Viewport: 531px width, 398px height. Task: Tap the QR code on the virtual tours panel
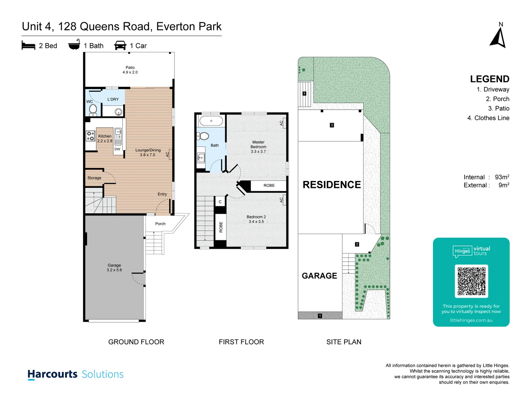coord(471,281)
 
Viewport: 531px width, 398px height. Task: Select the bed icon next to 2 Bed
coord(28,45)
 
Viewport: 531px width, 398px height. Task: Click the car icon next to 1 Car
coord(120,45)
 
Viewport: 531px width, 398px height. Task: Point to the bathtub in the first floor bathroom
coord(211,121)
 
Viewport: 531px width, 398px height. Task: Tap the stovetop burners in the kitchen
coord(90,136)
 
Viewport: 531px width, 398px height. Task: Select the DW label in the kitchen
coord(117,149)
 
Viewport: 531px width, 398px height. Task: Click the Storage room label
coord(94,178)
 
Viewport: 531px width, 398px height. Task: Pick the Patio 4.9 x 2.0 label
coord(130,70)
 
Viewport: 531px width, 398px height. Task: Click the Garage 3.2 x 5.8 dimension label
coord(114,268)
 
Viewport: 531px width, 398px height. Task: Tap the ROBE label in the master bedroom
coord(269,185)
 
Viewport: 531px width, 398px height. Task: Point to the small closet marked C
coord(220,202)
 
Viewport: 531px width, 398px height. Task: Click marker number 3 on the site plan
coord(332,125)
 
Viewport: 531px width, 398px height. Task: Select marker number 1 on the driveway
coord(320,315)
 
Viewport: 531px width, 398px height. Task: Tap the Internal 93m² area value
coord(502,177)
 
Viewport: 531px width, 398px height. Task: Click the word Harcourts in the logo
coord(52,374)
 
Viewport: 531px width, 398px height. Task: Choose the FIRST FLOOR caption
coord(241,342)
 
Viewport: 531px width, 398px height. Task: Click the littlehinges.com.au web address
coord(471,320)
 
